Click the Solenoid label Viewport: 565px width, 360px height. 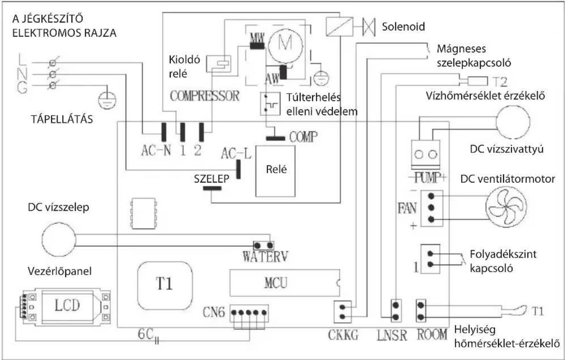403,27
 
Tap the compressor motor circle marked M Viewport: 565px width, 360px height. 285,45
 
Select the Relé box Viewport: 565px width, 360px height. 275,171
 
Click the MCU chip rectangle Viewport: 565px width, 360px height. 285,283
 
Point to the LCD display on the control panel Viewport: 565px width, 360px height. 67,306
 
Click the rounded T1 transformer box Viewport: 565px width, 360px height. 165,285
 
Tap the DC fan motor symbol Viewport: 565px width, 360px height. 506,207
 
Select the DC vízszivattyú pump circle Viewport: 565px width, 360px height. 513,122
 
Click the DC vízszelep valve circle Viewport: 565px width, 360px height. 59,239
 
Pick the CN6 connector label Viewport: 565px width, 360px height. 213,312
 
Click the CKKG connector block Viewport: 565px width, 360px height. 343,312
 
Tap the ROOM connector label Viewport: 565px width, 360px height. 432,335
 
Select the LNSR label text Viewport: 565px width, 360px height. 392,335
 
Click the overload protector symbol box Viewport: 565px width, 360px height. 270,104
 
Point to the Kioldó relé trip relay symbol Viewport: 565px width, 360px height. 219,64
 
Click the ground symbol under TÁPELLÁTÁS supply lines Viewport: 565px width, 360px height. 107,100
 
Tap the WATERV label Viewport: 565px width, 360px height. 265,257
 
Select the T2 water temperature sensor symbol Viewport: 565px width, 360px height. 477,81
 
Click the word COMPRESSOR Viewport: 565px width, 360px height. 205,96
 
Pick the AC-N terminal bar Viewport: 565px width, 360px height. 164,132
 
